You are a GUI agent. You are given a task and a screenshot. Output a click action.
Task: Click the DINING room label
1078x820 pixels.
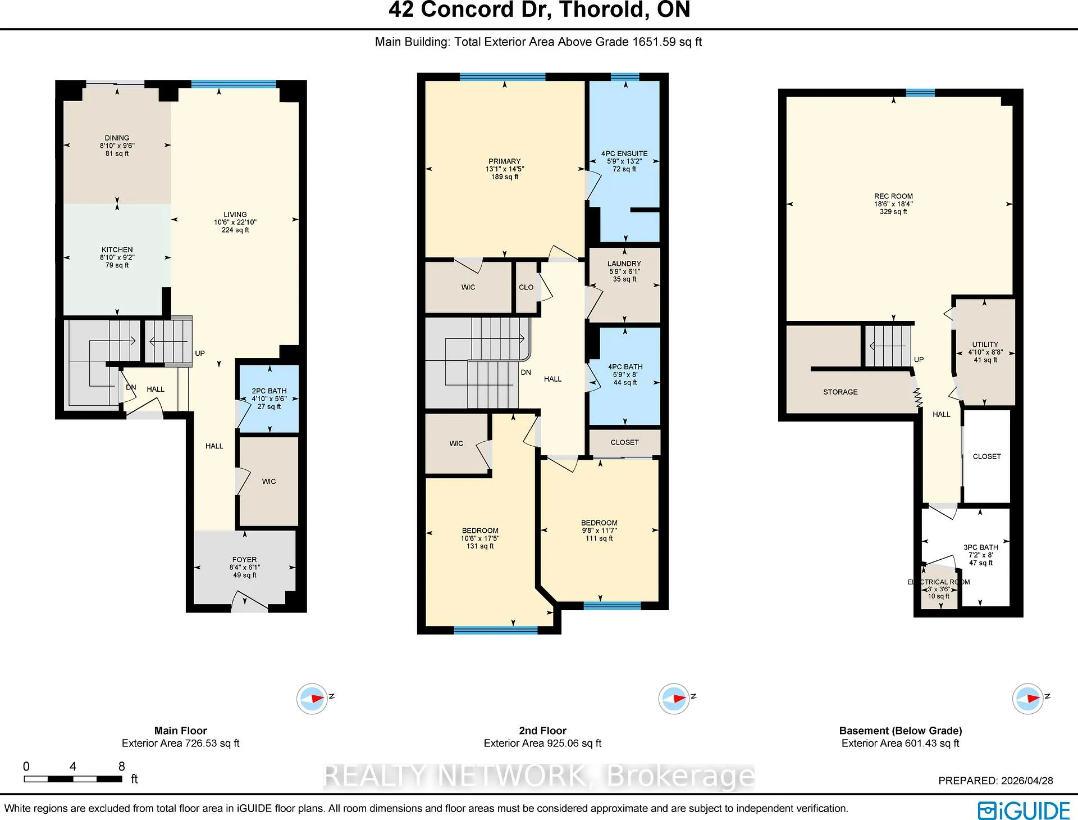[117, 138]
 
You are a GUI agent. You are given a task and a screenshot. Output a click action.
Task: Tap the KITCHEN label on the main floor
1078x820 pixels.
[117, 250]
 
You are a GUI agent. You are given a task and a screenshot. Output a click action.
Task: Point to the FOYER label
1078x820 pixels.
[244, 560]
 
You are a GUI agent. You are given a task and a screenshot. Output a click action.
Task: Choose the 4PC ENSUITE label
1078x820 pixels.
[624, 153]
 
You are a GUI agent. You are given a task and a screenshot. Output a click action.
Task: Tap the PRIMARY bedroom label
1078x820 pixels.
[504, 161]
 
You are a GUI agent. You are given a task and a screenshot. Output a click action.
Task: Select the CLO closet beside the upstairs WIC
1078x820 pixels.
[526, 287]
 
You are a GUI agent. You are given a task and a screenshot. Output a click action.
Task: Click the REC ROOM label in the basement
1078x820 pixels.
[893, 196]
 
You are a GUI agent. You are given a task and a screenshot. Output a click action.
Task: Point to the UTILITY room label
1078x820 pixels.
[985, 345]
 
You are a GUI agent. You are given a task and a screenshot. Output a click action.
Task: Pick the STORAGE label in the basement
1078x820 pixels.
[841, 392]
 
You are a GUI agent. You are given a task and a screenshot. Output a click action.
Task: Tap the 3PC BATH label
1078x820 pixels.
[981, 547]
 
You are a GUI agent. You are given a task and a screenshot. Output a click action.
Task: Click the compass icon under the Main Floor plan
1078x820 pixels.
[312, 699]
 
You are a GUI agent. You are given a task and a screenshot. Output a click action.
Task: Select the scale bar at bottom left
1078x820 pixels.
[73, 779]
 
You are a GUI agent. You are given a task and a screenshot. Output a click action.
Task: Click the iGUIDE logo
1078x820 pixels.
[1024, 810]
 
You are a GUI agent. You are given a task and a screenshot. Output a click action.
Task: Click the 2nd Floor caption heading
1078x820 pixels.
[542, 731]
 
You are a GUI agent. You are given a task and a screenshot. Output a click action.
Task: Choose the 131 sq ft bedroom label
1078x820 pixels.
[480, 546]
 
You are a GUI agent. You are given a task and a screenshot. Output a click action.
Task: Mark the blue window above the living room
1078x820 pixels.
[234, 84]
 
